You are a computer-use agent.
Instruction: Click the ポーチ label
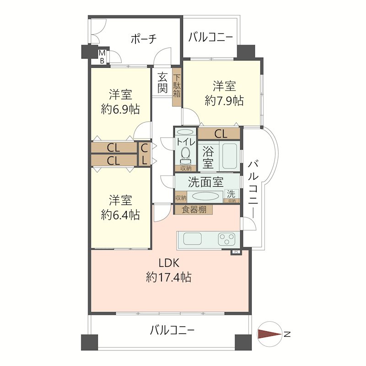(x=144, y=39)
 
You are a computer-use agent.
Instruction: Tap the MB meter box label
(x=102, y=57)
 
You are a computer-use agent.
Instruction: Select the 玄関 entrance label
(x=162, y=83)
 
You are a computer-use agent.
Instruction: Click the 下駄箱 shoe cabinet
(x=177, y=90)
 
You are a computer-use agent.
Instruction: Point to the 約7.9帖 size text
(x=224, y=101)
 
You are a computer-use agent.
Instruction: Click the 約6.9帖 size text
(x=120, y=109)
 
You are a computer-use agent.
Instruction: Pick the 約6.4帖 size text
(x=120, y=215)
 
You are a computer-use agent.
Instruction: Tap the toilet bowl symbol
(x=186, y=154)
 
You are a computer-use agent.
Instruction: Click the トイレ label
(x=186, y=142)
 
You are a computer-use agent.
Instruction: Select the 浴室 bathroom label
(x=208, y=156)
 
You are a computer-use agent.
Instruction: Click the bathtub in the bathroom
(x=229, y=156)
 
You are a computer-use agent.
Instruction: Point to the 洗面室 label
(x=205, y=182)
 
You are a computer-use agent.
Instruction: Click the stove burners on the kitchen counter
(x=227, y=239)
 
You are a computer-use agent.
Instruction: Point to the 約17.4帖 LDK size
(x=169, y=277)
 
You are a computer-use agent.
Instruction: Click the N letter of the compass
(x=287, y=334)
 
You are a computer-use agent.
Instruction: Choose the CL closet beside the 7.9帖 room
(x=220, y=134)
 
